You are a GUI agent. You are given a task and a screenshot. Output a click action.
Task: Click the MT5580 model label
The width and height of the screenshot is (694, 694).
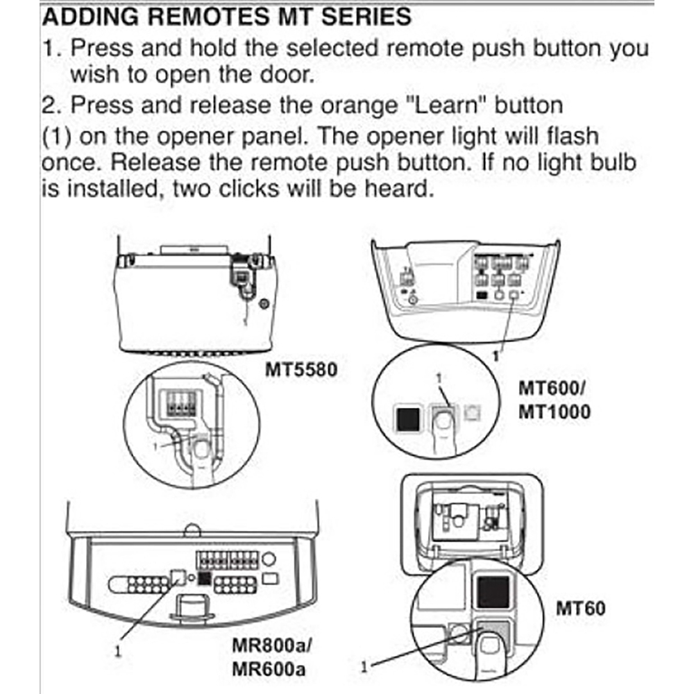302,369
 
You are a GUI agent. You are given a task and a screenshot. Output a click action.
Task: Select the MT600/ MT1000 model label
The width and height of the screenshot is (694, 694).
554,398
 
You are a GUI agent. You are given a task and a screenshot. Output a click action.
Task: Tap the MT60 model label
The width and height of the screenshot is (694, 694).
580,608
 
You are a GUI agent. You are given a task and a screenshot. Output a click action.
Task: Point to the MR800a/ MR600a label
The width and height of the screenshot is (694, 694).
271,659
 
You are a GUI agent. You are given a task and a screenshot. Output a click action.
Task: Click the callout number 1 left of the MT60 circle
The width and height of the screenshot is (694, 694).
364,666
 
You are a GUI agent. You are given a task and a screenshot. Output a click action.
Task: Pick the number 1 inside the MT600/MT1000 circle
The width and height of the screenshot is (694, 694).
437,380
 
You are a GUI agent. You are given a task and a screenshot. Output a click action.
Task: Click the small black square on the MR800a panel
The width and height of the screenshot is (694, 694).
205,577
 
